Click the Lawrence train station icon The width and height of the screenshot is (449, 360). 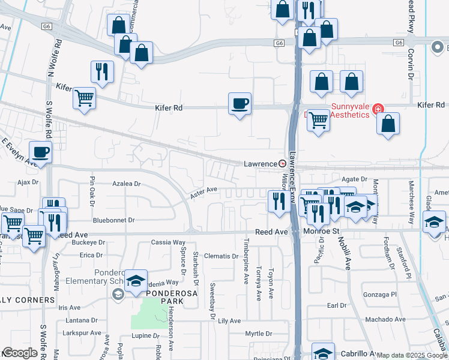[x=282, y=164]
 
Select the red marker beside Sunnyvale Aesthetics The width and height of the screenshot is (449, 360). [x=378, y=109]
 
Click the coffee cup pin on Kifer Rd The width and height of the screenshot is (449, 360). [x=240, y=104]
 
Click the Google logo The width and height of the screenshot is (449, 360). [x=20, y=353]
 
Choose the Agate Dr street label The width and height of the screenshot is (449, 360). [x=354, y=179]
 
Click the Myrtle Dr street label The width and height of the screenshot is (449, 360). [x=259, y=334]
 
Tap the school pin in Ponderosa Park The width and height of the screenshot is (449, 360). [x=136, y=281]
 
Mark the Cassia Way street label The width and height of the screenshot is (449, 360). [x=168, y=242]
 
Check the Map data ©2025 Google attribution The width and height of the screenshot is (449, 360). [x=412, y=355]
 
